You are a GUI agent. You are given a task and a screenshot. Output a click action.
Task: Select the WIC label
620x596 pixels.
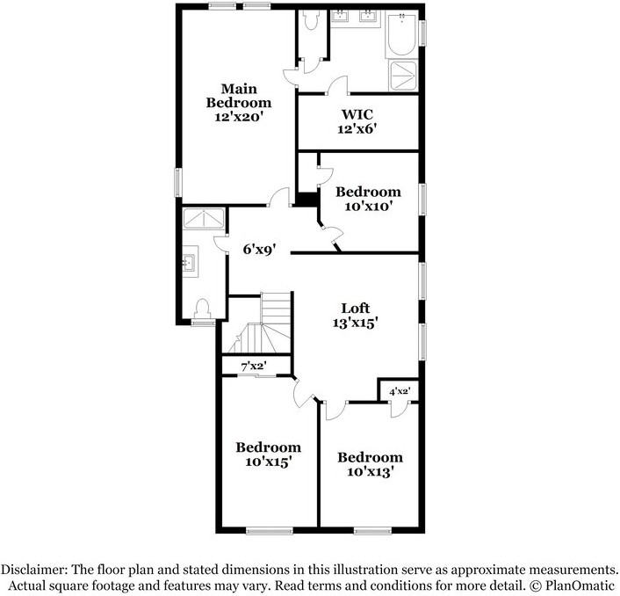coord(357,114)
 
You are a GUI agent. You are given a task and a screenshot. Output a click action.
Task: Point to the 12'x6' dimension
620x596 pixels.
coord(358,129)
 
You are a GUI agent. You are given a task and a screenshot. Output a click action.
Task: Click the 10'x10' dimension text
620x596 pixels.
coord(368,206)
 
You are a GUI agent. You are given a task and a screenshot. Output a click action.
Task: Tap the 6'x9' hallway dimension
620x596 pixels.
coord(259,249)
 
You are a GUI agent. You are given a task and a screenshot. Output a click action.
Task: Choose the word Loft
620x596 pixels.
coord(355,308)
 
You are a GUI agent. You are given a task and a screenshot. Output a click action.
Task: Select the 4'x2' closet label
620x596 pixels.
coord(400,389)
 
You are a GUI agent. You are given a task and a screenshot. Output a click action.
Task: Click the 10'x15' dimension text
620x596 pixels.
coord(268,461)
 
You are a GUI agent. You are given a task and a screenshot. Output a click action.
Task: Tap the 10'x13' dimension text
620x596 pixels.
coord(370,470)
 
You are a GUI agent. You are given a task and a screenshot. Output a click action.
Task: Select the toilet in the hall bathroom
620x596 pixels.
coord(203,308)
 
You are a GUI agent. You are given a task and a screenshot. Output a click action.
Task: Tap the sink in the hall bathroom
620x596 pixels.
coord(189,261)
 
